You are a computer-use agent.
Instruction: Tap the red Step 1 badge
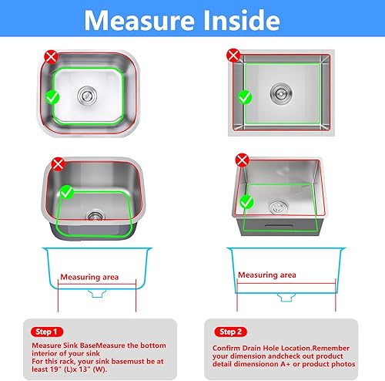[47, 332]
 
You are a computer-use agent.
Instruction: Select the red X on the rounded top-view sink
[51, 56]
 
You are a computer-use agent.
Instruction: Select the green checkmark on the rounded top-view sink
[52, 97]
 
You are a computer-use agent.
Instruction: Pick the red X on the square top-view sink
[233, 55]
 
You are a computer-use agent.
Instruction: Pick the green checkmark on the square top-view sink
[243, 97]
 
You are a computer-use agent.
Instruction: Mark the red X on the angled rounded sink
[59, 164]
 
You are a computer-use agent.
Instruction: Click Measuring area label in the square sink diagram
[266, 275]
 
